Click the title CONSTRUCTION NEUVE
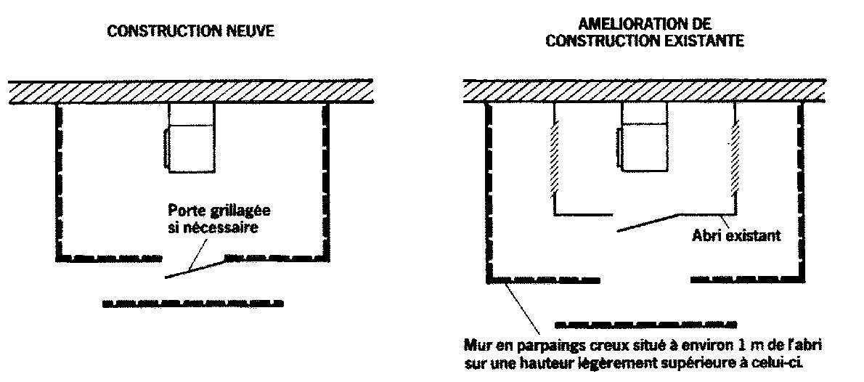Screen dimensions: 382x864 pyautogui.click(x=191, y=33)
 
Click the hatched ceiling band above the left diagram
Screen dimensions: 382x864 pyautogui.click(x=191, y=92)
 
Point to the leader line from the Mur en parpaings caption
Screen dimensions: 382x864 pyautogui.click(x=521, y=309)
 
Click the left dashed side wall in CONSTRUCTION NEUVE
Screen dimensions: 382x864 pyautogui.click(x=58, y=182)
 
